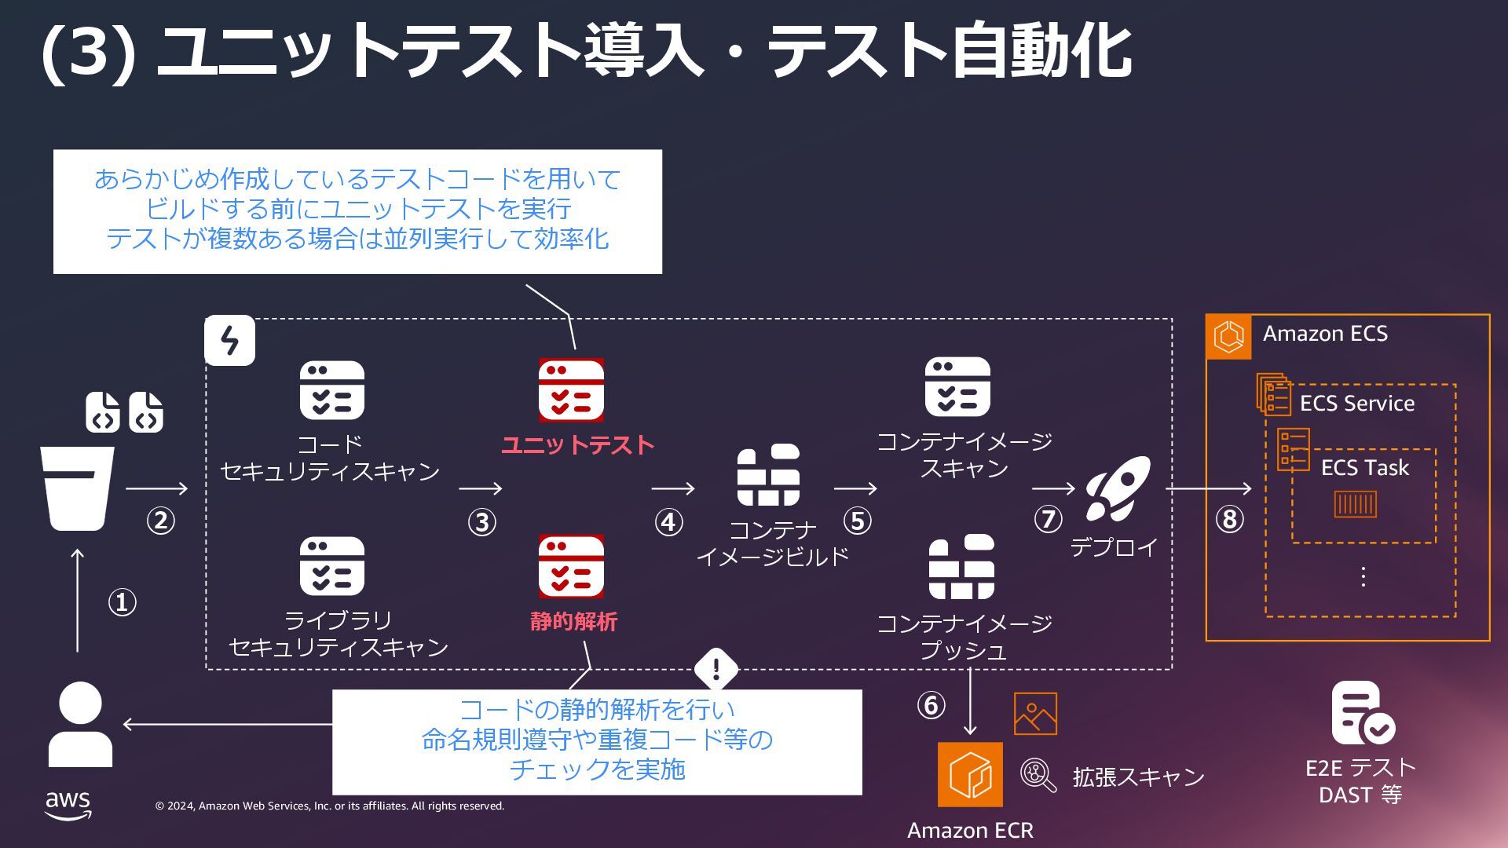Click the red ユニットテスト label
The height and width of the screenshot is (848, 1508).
[x=577, y=445]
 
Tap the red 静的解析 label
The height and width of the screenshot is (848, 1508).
[x=573, y=622]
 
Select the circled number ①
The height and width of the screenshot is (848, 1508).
[x=122, y=603]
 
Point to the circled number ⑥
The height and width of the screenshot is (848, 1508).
[x=931, y=705]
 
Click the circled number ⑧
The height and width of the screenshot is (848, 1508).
[x=1229, y=519]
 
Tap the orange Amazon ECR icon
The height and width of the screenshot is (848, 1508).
[x=970, y=774]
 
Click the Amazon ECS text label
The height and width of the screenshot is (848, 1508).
[x=1325, y=334]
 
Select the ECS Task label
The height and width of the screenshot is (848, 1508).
[x=1364, y=468]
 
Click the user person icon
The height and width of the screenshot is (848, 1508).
[x=80, y=724]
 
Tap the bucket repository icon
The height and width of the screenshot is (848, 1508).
[x=77, y=488]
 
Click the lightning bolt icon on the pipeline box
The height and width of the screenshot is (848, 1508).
[x=229, y=341]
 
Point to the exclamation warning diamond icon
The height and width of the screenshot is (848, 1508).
[x=716, y=669]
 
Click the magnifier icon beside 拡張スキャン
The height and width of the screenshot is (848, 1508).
[x=1038, y=775]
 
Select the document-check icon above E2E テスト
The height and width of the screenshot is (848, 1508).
[x=1361, y=713]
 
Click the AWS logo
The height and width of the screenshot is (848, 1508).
[x=68, y=805]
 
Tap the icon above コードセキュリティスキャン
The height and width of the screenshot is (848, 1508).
[x=331, y=390]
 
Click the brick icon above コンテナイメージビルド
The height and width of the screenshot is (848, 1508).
[x=768, y=475]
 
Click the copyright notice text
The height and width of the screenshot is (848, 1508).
[x=330, y=806]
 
